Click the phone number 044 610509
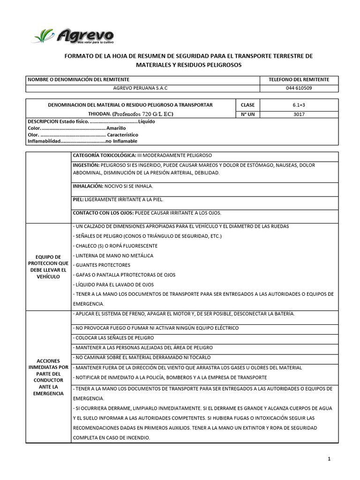(299, 88)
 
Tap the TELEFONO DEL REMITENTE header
(299, 80)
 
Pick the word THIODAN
(99, 114)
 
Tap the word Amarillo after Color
(116, 127)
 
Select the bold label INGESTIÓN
(86, 165)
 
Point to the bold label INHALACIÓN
(88, 186)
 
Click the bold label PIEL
(78, 199)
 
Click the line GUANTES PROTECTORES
(102, 265)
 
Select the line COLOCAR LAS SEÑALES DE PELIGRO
(113, 337)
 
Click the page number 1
(330, 459)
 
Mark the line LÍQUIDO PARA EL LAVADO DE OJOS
(113, 285)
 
